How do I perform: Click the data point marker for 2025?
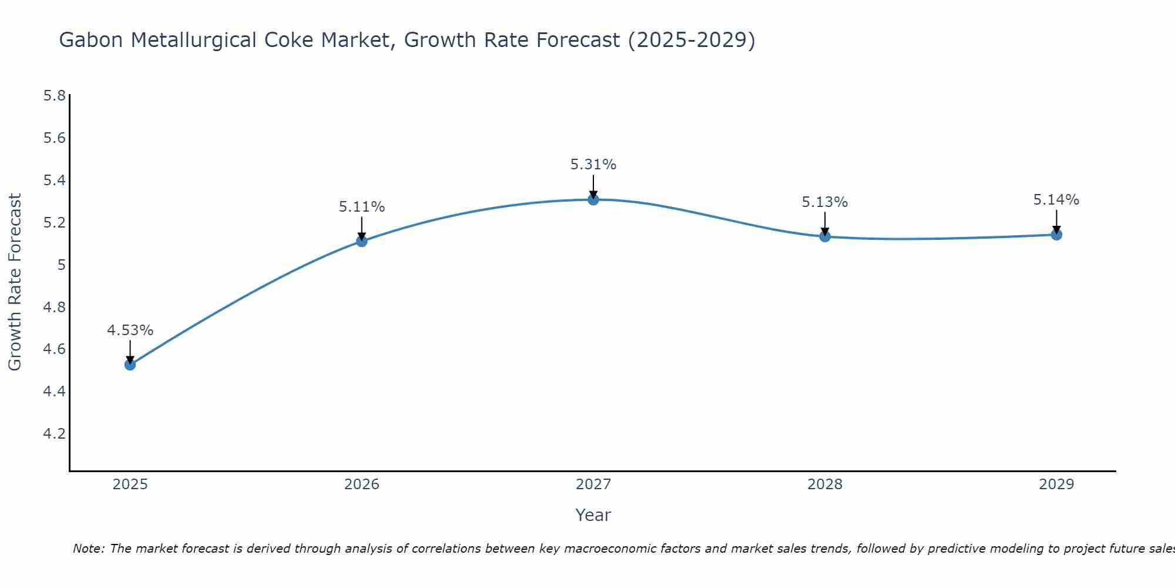click(x=130, y=365)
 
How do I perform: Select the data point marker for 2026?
click(x=362, y=241)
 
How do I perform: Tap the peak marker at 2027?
click(x=593, y=199)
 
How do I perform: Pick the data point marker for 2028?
click(x=825, y=236)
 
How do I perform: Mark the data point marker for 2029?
click(x=1056, y=235)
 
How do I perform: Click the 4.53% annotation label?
click(x=130, y=330)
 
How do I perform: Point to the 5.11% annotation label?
click(x=362, y=207)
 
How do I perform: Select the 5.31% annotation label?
click(x=593, y=165)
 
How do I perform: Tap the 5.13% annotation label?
click(x=825, y=202)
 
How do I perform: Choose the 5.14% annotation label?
click(x=1056, y=200)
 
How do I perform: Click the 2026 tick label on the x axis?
click(x=362, y=485)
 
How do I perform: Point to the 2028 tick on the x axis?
click(x=825, y=485)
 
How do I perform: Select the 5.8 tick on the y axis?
click(x=54, y=96)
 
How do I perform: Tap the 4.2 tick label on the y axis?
click(x=54, y=434)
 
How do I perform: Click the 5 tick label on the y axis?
click(x=61, y=265)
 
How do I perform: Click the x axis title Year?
click(x=593, y=515)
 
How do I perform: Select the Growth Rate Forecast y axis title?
click(x=15, y=282)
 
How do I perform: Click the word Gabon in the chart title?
click(x=92, y=40)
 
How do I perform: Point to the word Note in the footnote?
click(x=88, y=549)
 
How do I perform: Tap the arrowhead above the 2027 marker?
click(x=593, y=195)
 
